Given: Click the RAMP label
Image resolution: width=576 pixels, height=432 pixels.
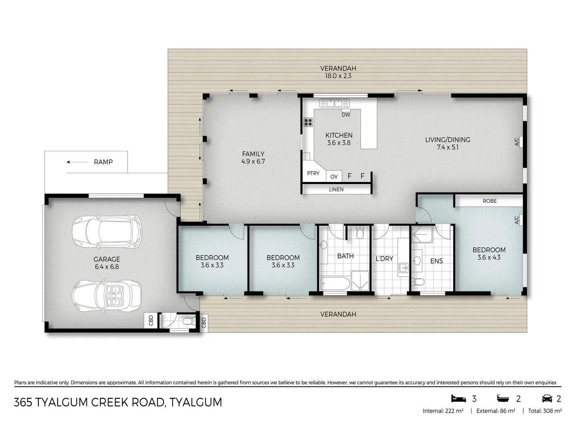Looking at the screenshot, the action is (103, 162).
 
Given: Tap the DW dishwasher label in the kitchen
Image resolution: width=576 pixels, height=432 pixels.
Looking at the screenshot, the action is (346, 115).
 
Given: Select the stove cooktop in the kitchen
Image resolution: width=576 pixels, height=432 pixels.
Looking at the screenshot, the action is (308, 122).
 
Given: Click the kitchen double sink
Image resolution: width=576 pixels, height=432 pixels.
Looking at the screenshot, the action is (334, 103).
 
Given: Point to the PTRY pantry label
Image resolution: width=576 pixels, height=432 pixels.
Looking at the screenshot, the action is (313, 173).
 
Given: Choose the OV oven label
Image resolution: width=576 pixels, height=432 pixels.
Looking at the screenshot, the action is (334, 176).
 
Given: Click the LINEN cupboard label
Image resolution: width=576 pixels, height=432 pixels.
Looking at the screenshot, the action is (336, 189).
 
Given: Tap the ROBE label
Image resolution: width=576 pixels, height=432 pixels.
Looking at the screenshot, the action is (490, 201).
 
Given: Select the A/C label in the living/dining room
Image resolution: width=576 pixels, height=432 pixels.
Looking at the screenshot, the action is (517, 142).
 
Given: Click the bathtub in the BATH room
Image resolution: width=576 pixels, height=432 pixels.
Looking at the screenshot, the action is (335, 284).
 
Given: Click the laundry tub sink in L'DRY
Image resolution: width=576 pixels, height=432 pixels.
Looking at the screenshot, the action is (403, 268).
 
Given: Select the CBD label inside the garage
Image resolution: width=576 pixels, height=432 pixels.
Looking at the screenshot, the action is (151, 320).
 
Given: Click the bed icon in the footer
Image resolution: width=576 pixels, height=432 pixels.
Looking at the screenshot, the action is (458, 398).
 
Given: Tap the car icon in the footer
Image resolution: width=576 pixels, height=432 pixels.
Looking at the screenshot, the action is (547, 399).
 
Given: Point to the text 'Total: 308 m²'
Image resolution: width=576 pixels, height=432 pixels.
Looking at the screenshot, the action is (545, 411).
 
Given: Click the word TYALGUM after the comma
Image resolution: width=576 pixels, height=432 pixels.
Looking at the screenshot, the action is (196, 402).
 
